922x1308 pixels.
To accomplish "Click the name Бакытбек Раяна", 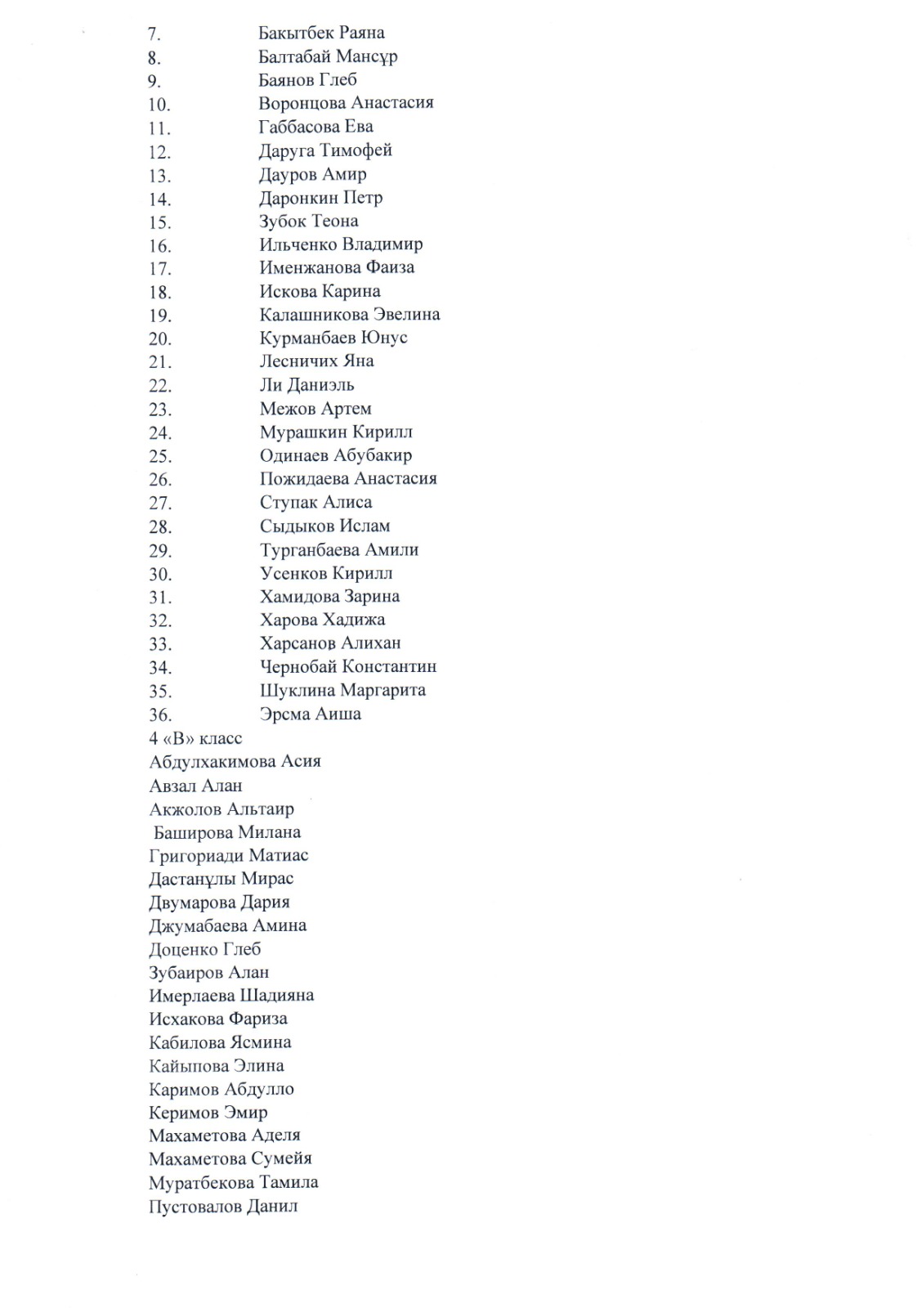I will (x=321, y=33).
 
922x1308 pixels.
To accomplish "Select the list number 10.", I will (x=159, y=105).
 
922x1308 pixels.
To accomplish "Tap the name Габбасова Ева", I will (x=316, y=127).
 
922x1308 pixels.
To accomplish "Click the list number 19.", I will (x=159, y=316).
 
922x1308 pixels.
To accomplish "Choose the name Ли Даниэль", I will (x=307, y=385).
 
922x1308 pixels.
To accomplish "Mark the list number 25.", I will (x=159, y=456).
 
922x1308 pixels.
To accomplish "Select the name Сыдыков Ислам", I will (x=324, y=526).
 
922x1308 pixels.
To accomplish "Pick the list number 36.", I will (x=159, y=714).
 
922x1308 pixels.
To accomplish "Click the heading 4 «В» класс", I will (x=195, y=739).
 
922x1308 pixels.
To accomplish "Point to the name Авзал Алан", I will (x=195, y=786).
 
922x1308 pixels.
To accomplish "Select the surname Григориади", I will (x=186, y=856).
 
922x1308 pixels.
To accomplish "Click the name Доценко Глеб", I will (x=204, y=950).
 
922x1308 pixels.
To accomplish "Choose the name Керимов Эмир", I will (x=208, y=1113).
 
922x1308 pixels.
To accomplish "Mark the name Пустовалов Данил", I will (x=223, y=1207).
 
